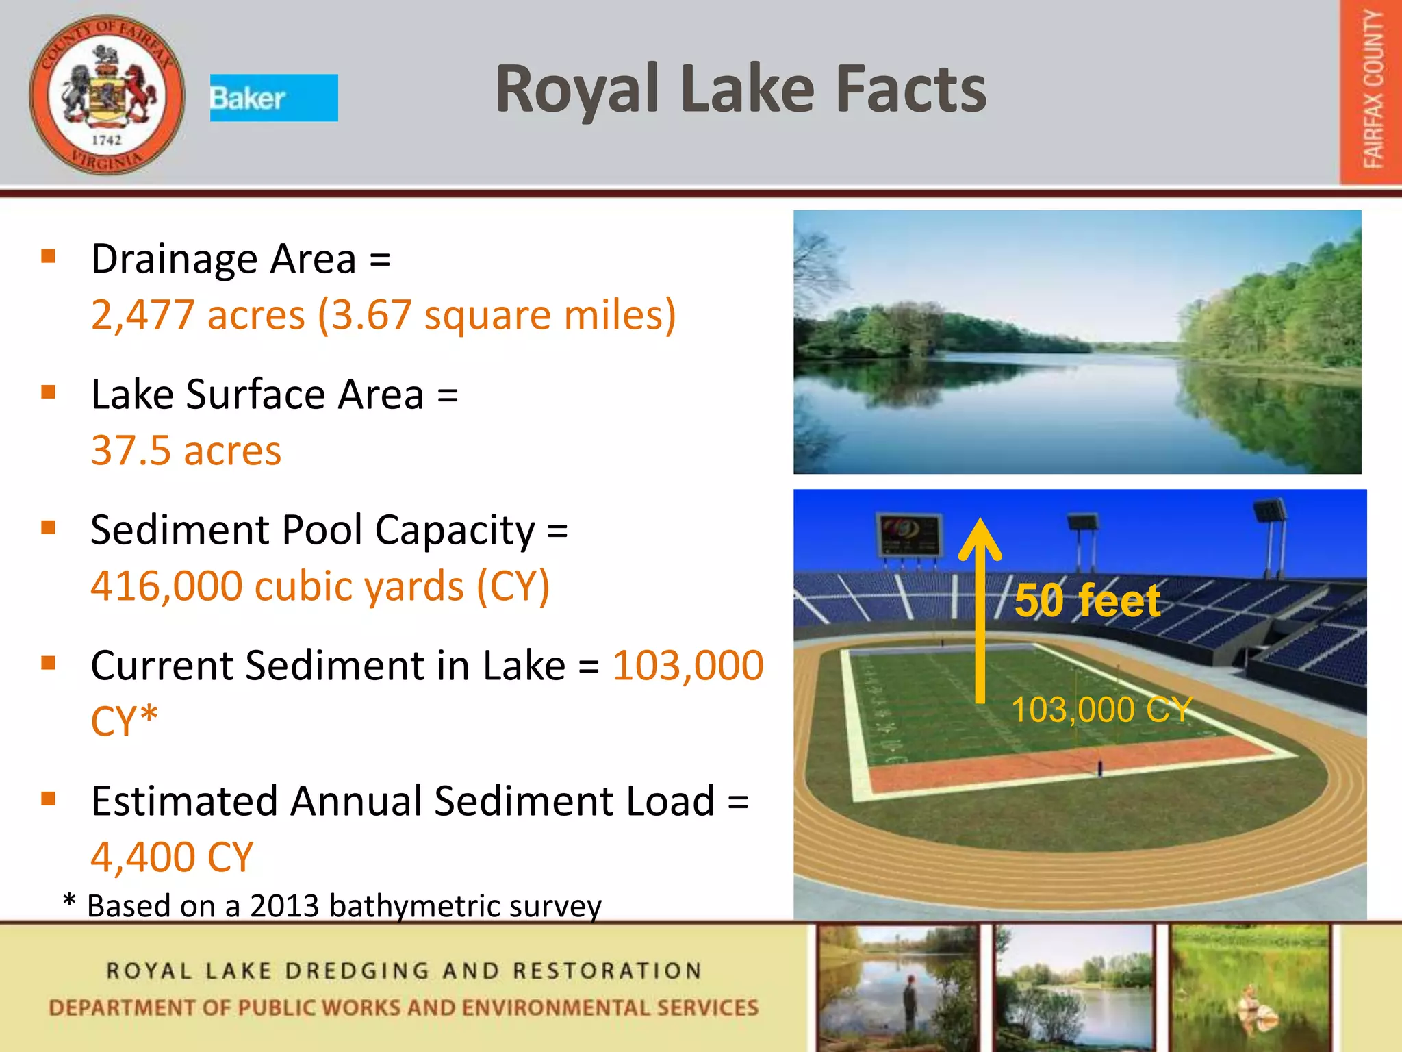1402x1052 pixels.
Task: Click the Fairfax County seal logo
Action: pyautogui.click(x=107, y=95)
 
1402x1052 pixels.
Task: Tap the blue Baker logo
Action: pyautogui.click(x=273, y=98)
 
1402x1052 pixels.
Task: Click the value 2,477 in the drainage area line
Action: pyautogui.click(x=142, y=315)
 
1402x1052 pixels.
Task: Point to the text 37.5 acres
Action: pyautogui.click(x=186, y=451)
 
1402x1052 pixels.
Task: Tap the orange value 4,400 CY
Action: pyautogui.click(x=172, y=857)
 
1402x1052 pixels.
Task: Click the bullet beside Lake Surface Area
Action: pyautogui.click(x=48, y=392)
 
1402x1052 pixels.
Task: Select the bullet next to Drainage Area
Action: pyautogui.click(x=48, y=256)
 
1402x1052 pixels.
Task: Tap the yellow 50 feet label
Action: pyautogui.click(x=1087, y=601)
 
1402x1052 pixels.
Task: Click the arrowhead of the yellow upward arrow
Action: pyautogui.click(x=980, y=538)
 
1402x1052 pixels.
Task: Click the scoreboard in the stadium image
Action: pyautogui.click(x=908, y=535)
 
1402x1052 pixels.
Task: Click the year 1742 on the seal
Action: pyautogui.click(x=106, y=140)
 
